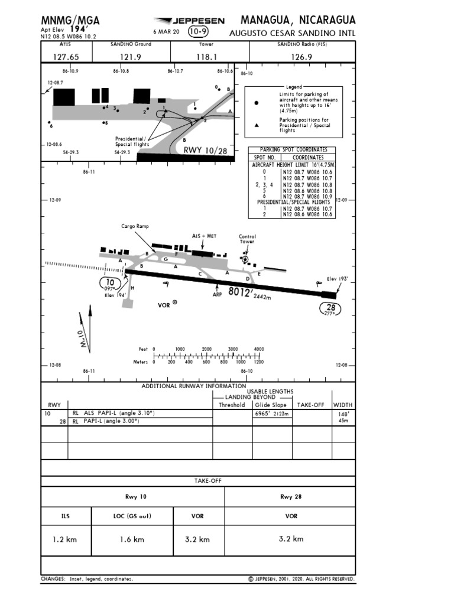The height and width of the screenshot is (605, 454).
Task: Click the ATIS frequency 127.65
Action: click(65, 57)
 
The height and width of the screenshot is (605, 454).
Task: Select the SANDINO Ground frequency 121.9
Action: click(131, 57)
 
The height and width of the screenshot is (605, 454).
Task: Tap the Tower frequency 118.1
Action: click(207, 57)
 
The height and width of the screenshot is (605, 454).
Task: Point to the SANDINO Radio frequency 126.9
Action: click(301, 57)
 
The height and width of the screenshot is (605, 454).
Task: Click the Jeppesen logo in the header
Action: click(189, 21)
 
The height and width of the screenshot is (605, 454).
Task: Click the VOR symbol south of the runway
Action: click(174, 302)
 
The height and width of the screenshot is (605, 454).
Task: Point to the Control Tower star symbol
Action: click(245, 259)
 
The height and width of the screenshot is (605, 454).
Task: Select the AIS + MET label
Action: click(204, 236)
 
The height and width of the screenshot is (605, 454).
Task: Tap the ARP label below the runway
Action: click(217, 294)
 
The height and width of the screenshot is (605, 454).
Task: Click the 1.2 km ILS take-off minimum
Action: click(66, 539)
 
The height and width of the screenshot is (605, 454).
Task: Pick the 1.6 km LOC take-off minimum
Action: click(132, 539)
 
